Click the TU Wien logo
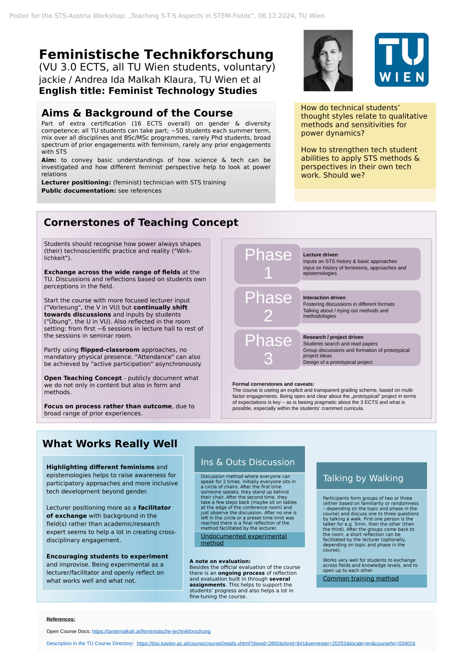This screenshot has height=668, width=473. pos(401,60)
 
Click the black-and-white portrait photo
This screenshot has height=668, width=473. pos(328,61)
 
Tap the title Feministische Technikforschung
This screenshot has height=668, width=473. pos(156,55)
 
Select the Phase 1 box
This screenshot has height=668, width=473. pos(268,264)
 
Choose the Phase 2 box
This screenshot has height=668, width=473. pos(268,307)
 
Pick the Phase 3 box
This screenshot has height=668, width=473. pos(268,350)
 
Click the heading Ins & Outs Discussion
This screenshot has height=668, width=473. pos(248,462)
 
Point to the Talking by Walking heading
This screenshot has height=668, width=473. pos(363,478)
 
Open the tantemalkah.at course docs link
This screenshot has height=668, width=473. pos(151,631)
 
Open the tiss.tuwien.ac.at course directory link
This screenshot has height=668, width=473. pos(276,643)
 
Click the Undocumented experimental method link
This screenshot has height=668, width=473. pos(244,539)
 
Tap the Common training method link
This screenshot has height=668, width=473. pos(360,578)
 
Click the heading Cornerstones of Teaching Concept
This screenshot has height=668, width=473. pos(141,222)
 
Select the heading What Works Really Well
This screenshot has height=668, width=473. pos(110,443)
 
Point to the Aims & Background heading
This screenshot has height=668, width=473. pos(137,113)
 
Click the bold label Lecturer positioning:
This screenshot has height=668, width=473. pos(76,182)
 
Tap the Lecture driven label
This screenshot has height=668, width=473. pos(320,255)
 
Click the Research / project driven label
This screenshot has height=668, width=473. pos(333,337)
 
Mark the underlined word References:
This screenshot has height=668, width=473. pos(61,619)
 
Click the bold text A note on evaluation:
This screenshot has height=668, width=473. pos(220,561)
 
